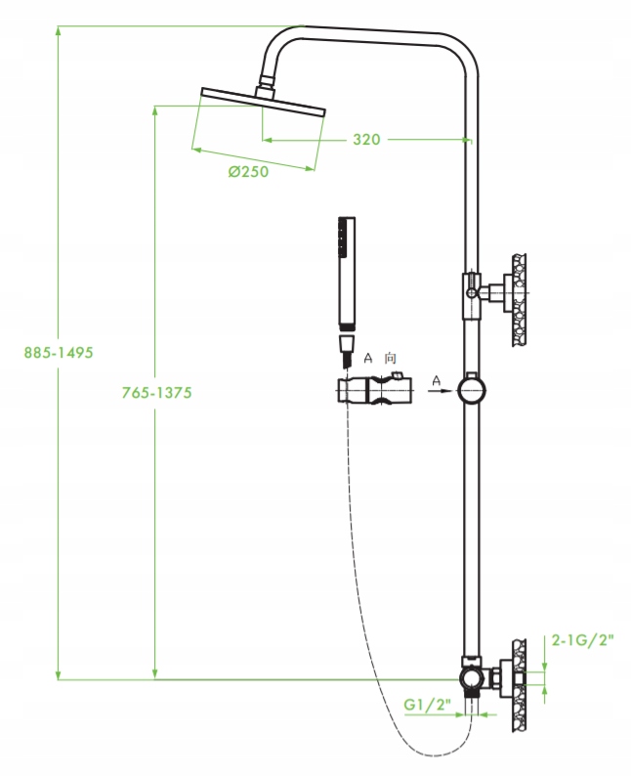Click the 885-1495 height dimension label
[59, 352]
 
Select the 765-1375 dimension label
[156, 393]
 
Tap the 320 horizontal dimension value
[366, 139]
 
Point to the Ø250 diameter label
[249, 171]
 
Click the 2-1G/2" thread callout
[582, 640]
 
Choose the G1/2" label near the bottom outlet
[428, 704]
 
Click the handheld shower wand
[347, 274]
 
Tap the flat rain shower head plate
[263, 102]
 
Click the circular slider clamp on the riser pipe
[471, 391]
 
